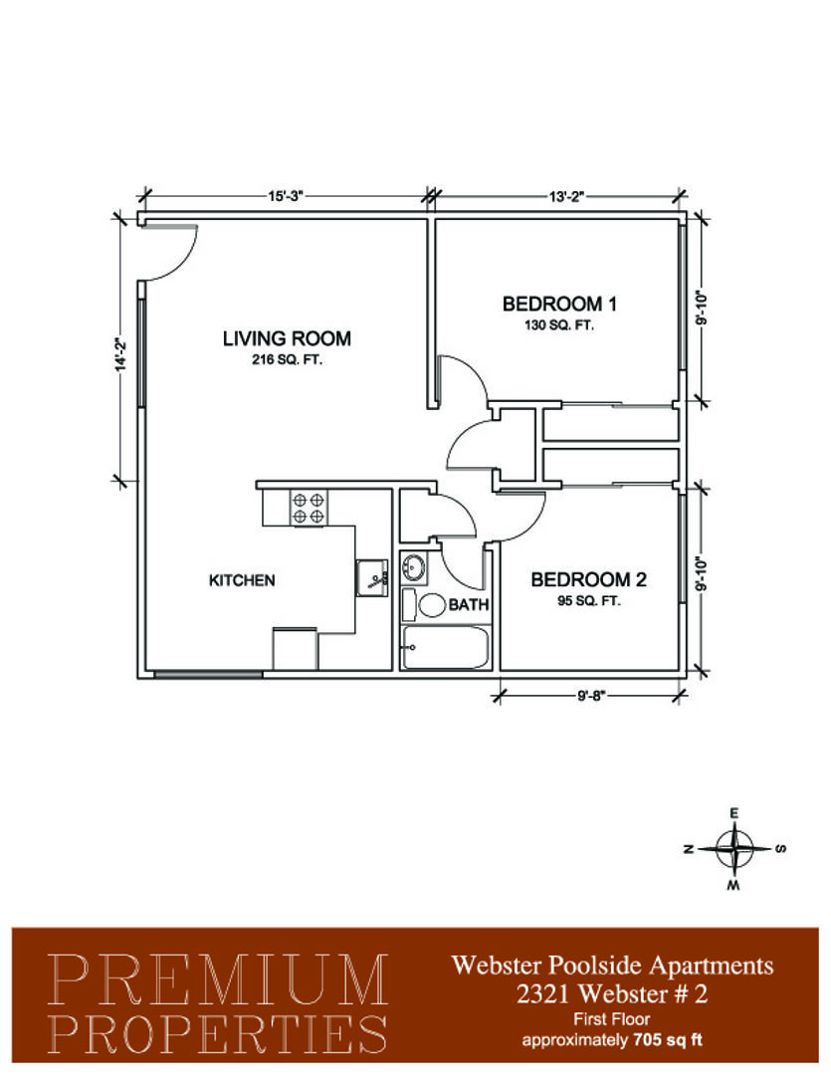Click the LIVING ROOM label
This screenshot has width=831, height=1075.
[287, 338]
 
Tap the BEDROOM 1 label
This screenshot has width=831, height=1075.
[559, 304]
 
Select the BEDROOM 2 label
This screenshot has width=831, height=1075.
[588, 580]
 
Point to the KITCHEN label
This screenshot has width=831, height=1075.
[242, 580]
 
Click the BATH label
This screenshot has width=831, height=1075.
[469, 605]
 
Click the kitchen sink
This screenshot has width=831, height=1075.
[372, 578]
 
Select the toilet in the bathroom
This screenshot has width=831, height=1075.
[425, 605]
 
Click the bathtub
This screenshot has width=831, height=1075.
[445, 647]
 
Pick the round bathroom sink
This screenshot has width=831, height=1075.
[413, 567]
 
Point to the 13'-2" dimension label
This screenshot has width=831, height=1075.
[566, 197]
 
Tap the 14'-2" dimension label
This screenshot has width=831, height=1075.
[121, 354]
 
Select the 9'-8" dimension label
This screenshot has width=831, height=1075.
[590, 697]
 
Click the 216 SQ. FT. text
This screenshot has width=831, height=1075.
[287, 359]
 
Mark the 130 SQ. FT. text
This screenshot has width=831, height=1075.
[559, 324]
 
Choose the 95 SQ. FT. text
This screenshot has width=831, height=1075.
[589, 601]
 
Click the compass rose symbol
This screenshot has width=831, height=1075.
[734, 849]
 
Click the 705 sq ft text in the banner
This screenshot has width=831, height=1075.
[668, 1040]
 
